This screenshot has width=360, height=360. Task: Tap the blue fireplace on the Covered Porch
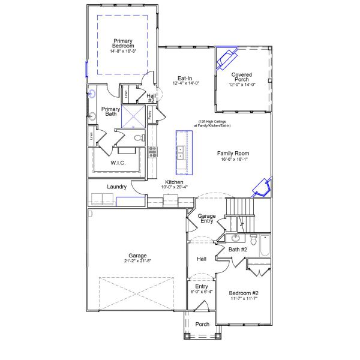click(x=227, y=58)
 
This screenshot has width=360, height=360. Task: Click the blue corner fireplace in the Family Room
click(x=261, y=187)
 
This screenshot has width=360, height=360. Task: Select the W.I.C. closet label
click(x=118, y=163)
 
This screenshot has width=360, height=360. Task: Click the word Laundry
click(x=117, y=187)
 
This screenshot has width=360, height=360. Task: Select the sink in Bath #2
click(x=235, y=238)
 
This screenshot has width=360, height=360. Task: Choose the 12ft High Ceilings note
click(x=212, y=123)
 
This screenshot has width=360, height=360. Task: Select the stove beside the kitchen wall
click(x=152, y=151)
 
